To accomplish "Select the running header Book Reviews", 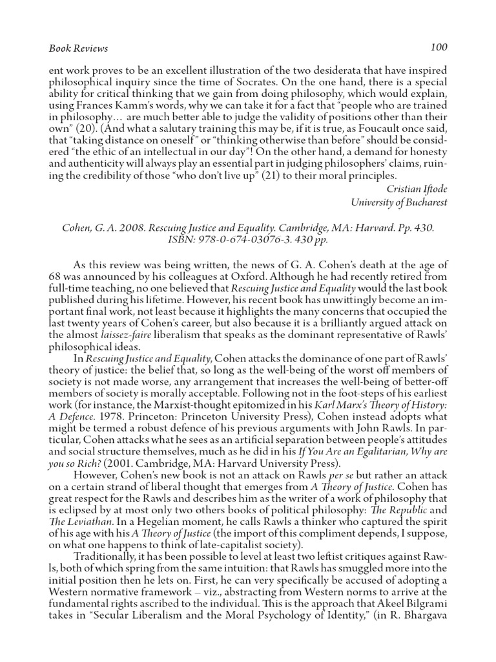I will tap(78, 48).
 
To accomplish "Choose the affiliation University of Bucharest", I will tap(398, 202).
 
